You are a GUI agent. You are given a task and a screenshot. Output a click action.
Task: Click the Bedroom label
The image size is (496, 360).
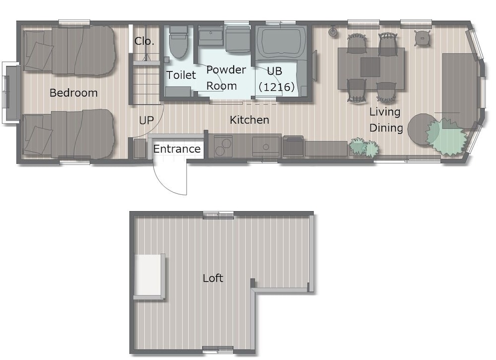73,93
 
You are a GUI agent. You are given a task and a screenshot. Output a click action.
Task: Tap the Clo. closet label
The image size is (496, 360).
144,41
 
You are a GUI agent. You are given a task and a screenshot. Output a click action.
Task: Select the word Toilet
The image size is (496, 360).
181,75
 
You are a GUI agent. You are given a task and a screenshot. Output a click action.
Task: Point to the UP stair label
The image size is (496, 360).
146,120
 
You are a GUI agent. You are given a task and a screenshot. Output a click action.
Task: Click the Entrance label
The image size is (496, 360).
177,149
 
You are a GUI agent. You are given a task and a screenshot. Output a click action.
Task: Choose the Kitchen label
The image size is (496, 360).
249,120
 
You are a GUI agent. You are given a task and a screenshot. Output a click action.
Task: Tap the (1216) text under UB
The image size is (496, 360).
276,87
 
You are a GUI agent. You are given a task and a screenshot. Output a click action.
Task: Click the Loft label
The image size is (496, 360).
213,278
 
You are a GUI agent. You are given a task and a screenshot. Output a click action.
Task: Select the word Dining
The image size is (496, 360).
386,128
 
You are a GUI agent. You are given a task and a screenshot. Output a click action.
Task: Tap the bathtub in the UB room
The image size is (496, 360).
281,42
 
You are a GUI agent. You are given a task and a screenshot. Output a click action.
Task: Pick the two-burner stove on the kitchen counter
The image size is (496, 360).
223,146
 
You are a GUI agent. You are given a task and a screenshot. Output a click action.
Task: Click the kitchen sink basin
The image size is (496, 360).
266,146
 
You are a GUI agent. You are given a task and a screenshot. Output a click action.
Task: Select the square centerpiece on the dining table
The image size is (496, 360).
370,67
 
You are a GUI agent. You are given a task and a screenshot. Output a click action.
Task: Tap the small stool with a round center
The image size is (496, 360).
423,38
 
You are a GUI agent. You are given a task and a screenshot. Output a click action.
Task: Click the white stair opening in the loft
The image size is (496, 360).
148,275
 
